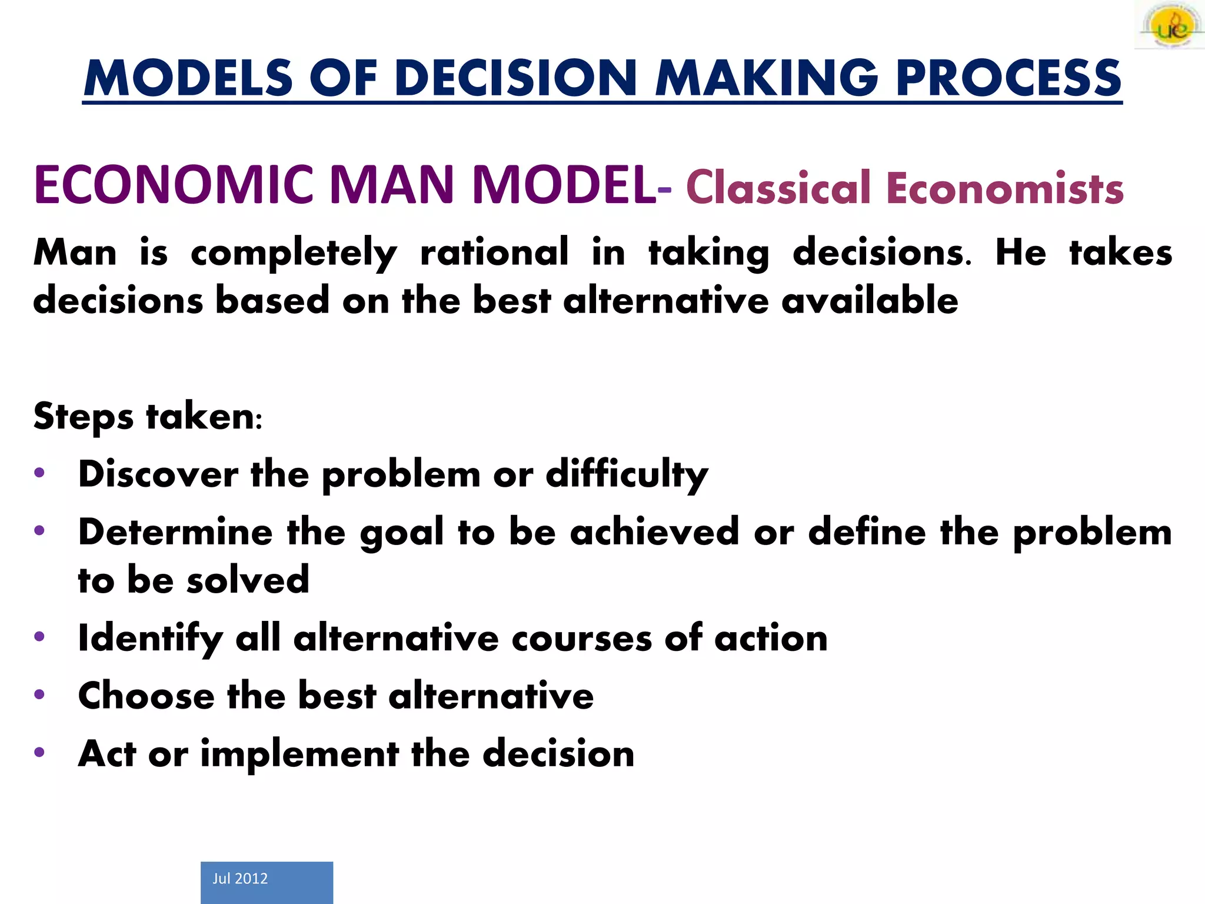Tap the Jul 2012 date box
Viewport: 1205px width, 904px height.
267,882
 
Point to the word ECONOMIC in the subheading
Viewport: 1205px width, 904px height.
174,185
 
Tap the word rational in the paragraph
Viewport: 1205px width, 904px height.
494,252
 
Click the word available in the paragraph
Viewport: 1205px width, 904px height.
870,301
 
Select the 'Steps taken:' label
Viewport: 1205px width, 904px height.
147,417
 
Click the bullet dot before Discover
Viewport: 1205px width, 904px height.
39,473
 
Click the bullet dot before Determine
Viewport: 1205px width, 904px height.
39,531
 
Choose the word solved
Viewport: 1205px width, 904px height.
248,580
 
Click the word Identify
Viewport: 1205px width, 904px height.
150,639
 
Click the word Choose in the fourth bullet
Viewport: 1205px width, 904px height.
147,696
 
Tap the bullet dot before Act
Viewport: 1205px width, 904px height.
39,752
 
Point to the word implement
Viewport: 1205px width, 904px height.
300,755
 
